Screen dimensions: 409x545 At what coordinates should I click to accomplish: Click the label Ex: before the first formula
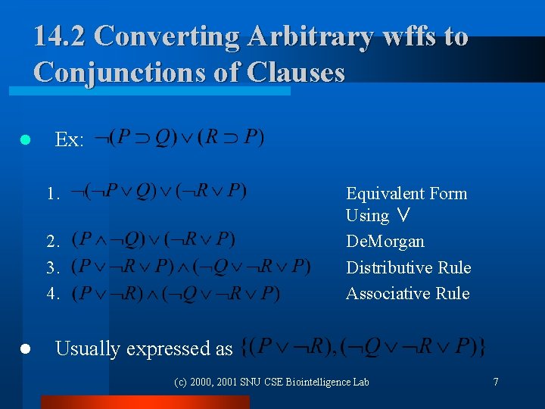[70, 140]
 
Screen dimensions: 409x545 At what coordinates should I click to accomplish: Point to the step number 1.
[52, 194]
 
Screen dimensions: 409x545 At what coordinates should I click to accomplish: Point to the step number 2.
[52, 242]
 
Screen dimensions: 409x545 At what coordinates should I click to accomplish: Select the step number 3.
[52, 268]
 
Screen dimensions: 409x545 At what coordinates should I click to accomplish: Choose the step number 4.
[52, 294]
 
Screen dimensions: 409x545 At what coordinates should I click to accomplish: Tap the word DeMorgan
[385, 242]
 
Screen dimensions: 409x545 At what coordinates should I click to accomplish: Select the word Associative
[388, 293]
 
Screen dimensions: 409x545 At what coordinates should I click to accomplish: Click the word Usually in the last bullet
[88, 348]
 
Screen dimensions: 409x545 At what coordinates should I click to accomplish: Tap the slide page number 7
[496, 382]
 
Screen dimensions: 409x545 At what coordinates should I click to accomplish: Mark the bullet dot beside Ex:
[25, 140]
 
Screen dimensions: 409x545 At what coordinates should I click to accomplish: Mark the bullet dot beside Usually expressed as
[25, 348]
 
